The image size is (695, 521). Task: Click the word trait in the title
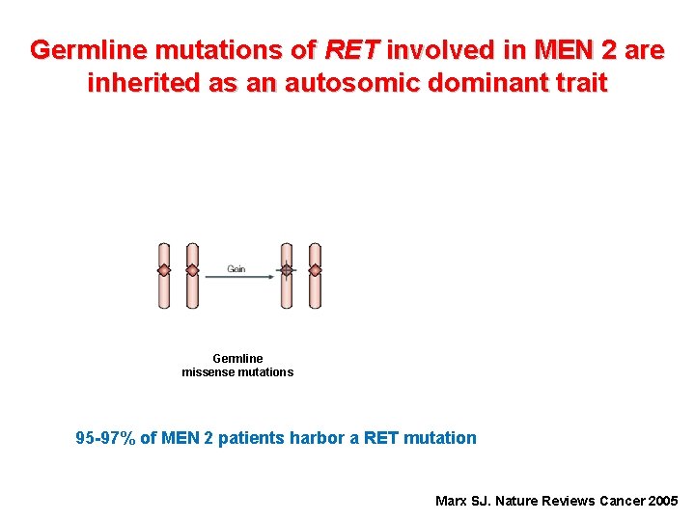[579, 83]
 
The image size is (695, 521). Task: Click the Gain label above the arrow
[236, 268]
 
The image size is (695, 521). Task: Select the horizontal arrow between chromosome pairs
[238, 278]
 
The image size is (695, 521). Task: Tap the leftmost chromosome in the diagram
[164, 275]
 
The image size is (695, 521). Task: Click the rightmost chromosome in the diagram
[315, 275]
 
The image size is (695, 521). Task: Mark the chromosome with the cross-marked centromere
[287, 275]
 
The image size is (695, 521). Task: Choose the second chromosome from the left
[192, 275]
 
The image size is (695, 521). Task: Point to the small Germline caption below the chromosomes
[237, 359]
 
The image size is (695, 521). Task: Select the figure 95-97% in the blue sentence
[105, 438]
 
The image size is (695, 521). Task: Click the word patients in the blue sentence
[251, 438]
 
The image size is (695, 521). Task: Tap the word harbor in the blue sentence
[318, 438]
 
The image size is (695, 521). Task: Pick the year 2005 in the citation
[663, 501]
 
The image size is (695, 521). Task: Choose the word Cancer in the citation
[620, 501]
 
